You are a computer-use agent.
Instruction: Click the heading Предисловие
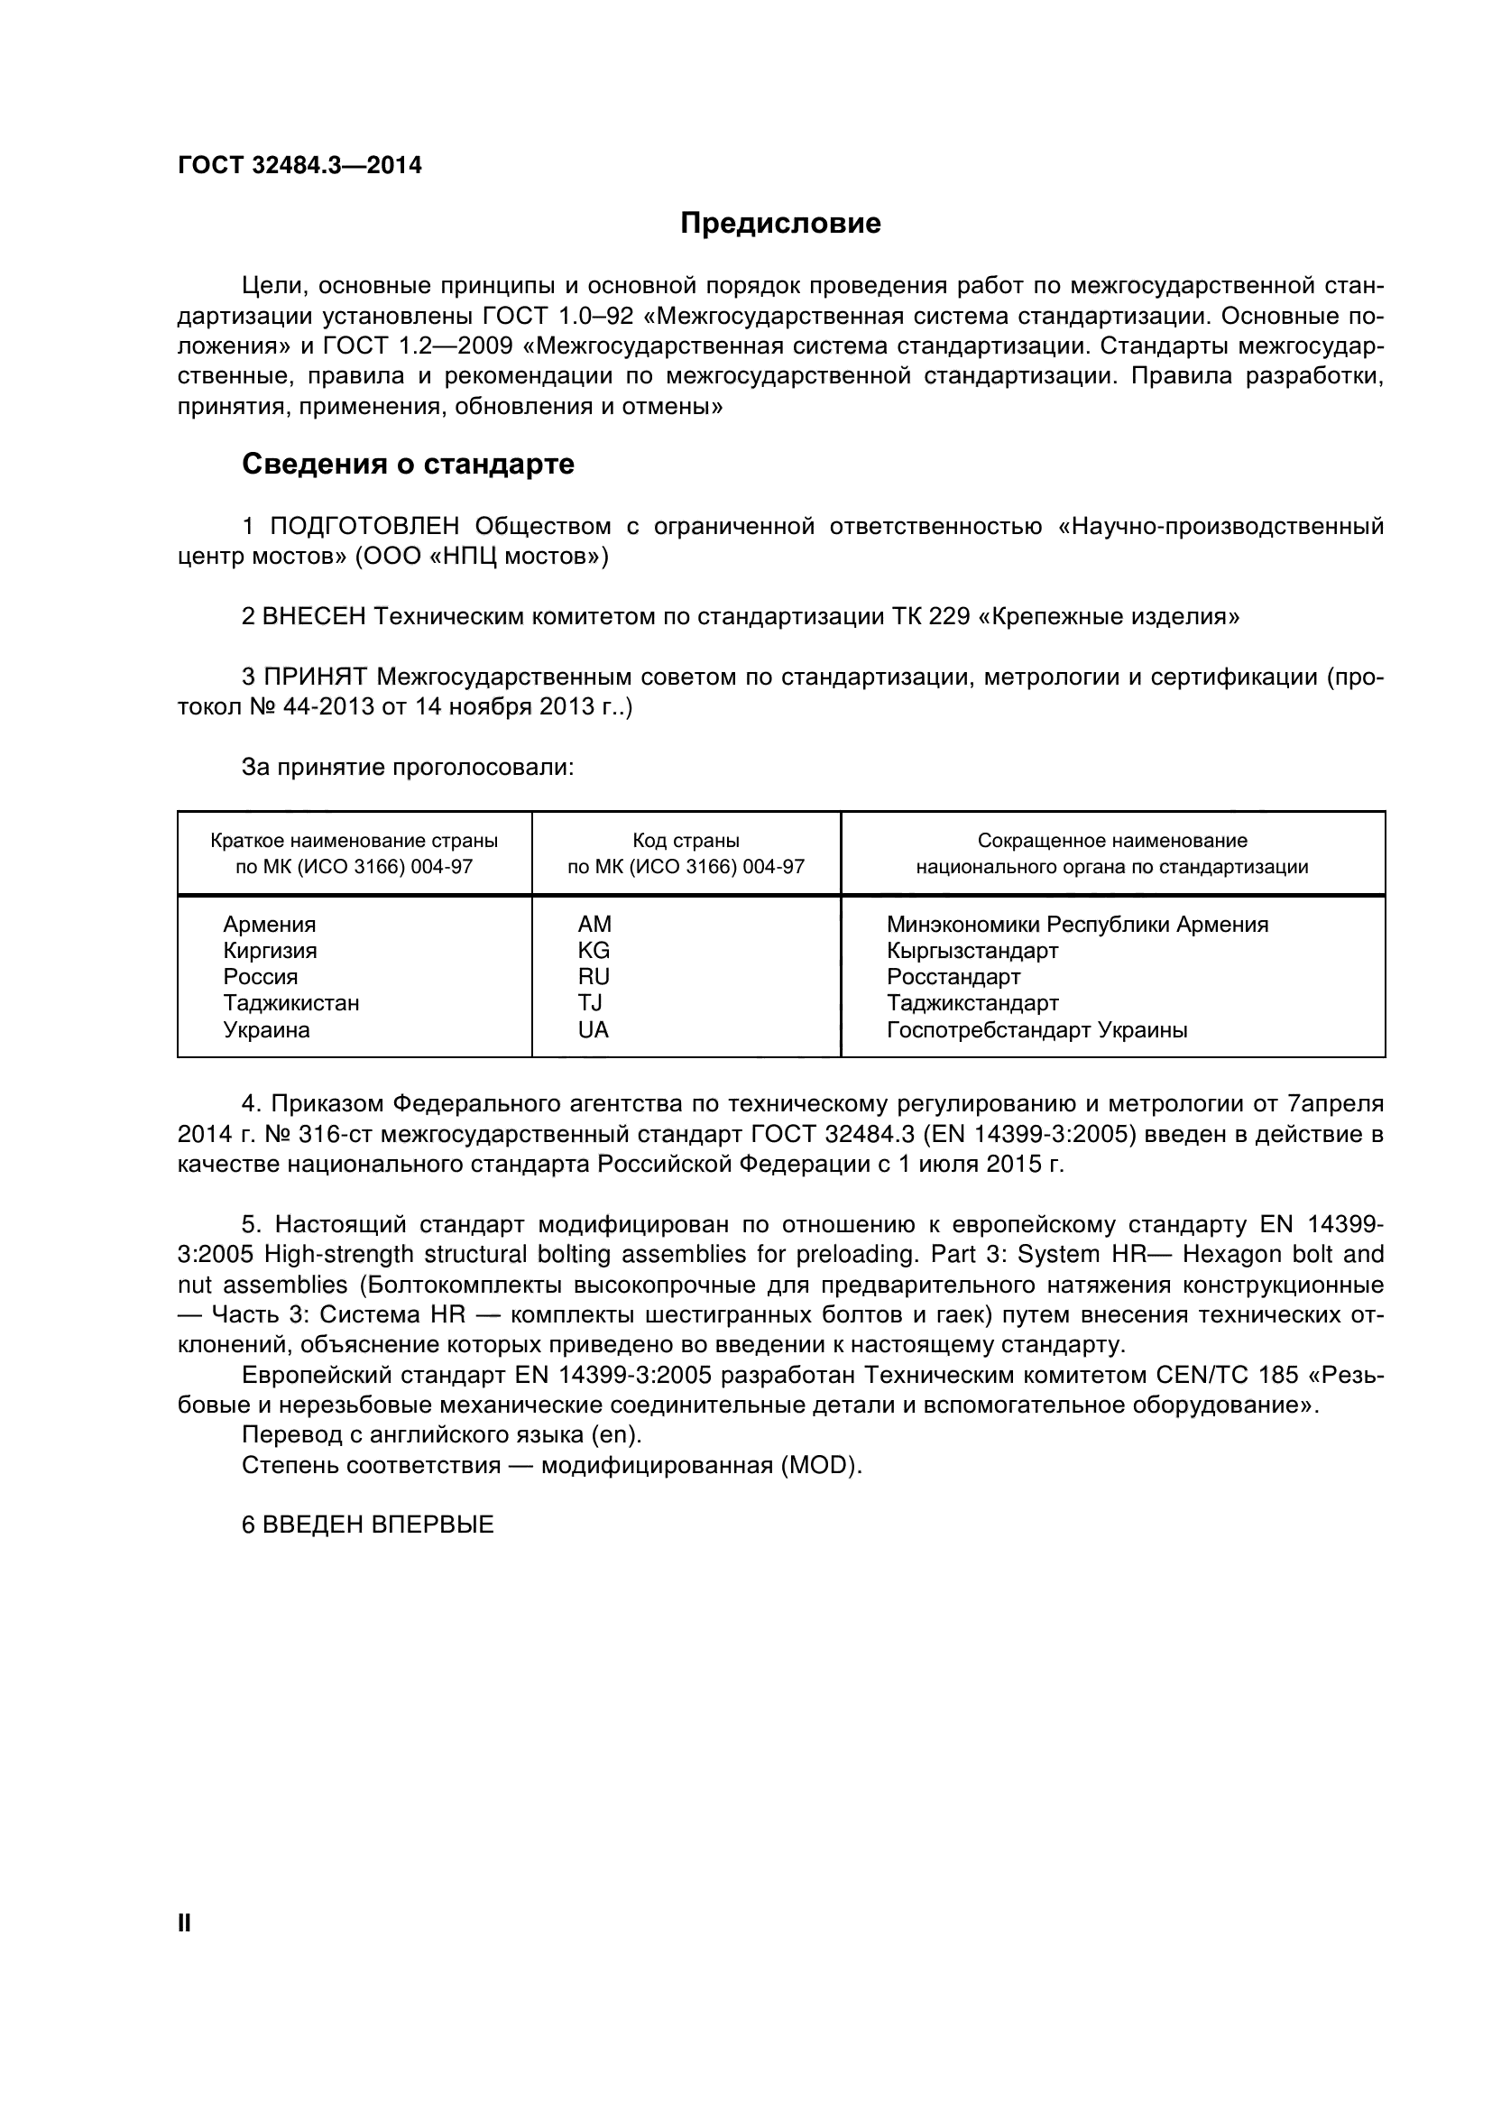pos(780,224)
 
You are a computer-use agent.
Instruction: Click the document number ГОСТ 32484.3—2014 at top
pos(299,165)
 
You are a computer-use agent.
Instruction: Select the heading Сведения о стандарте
pos(408,464)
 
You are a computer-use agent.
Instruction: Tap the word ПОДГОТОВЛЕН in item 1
pos(364,527)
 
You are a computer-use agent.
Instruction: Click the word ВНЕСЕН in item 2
pos(313,617)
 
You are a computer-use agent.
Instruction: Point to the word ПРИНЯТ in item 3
pos(315,678)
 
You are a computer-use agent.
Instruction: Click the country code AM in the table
pos(594,925)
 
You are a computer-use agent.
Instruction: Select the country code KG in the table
pos(593,950)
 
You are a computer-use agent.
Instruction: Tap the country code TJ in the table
pos(589,1002)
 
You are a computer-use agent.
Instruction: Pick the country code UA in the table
pos(593,1030)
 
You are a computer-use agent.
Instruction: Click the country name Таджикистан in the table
pos(291,1002)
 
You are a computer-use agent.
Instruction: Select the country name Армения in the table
pos(269,925)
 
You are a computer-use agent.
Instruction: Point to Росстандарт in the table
pos(953,977)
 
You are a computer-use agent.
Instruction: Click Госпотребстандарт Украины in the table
pos(1036,1030)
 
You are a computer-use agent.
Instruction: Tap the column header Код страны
pos(686,841)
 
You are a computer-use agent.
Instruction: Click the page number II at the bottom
pos(184,1923)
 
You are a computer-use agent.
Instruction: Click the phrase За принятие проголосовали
pos(407,768)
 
